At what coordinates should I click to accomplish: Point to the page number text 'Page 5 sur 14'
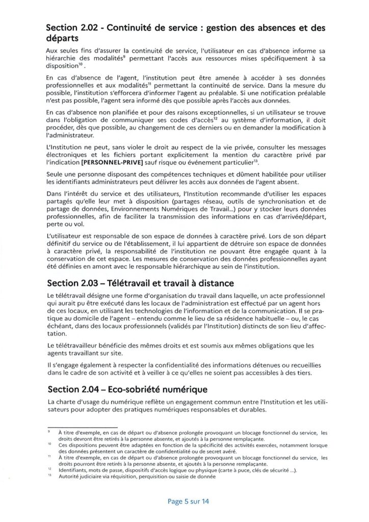click(188, 501)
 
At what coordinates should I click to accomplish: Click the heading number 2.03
click(90, 283)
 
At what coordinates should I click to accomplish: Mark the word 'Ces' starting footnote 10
click(64, 445)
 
